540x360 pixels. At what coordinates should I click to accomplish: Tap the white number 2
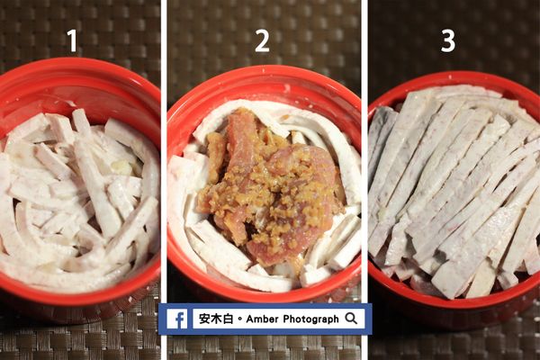click(x=262, y=41)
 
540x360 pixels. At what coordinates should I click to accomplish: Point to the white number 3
click(x=447, y=41)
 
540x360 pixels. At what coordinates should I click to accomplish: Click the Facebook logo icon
click(x=177, y=319)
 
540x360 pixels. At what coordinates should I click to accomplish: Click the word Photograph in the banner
click(x=308, y=319)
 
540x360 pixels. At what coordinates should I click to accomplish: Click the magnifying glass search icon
click(x=351, y=319)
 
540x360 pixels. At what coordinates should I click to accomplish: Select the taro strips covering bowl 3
click(x=454, y=189)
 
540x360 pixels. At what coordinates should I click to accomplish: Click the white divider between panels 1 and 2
click(x=164, y=180)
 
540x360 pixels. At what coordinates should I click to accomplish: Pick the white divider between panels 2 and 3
click(x=365, y=180)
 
